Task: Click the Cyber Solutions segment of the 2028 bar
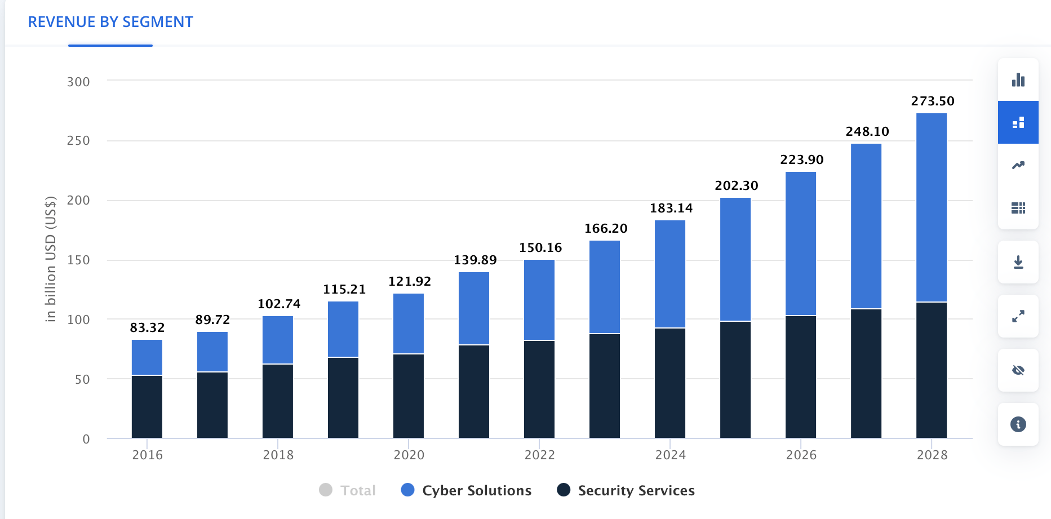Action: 932,207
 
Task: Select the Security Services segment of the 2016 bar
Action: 147,406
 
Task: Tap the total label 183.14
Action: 671,209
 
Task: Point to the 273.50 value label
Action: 933,101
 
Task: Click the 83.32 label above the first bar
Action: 147,328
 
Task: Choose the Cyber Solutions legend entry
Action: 466,490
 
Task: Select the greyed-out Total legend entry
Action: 347,490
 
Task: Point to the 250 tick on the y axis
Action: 78,141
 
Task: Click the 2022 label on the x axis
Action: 539,455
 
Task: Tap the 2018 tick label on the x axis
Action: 278,455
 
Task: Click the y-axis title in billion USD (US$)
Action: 51,259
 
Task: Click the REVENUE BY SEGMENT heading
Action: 110,22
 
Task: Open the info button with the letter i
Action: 1018,424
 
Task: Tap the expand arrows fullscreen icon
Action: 1018,316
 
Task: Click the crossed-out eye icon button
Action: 1018,370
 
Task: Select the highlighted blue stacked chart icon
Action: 1018,122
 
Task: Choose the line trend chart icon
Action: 1018,165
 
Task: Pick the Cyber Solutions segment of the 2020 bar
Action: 409,323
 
